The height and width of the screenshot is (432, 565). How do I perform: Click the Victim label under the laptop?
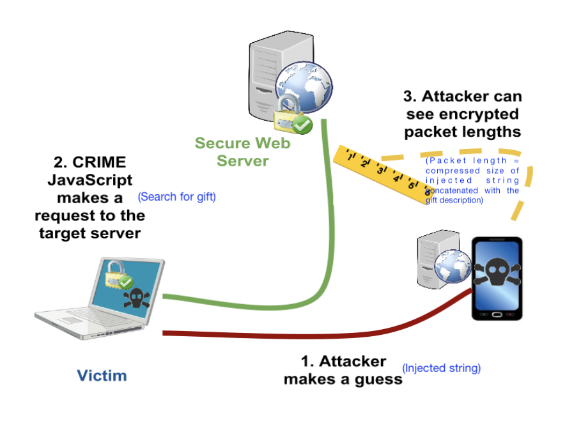click(102, 375)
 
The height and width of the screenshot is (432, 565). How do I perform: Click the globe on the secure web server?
click(304, 88)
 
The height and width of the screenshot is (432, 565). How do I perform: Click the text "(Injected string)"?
click(441, 368)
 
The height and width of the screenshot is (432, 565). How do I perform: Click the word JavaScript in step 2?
click(89, 181)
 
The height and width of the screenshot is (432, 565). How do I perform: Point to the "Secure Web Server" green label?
click(242, 151)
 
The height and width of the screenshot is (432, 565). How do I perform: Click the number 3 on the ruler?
click(380, 170)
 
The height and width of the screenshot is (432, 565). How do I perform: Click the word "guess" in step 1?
click(380, 379)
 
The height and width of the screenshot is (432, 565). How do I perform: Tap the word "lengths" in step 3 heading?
click(490, 132)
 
